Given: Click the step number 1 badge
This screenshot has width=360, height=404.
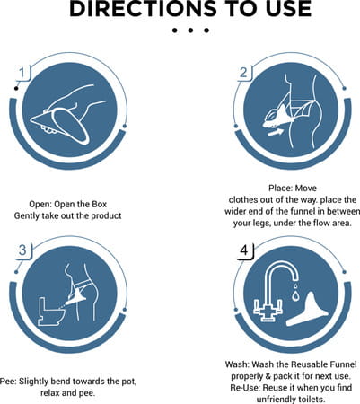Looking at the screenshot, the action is click(22, 73).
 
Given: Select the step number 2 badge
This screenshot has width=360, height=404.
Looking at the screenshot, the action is click(243, 73).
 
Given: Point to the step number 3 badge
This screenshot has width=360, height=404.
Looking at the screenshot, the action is click(22, 250).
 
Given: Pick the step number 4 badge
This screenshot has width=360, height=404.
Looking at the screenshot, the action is click(244, 250).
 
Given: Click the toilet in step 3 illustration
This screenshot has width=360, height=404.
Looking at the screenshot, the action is click(51, 312).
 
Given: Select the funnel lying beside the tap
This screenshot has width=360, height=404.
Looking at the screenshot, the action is click(307, 312).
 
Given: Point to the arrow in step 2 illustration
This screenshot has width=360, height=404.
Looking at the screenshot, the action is click(276, 132).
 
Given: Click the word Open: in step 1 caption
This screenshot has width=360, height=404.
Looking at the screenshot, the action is click(40, 205).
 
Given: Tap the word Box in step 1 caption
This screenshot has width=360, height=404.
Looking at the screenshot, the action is click(100, 204).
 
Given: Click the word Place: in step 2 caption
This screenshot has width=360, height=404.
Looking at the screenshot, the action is click(280, 189).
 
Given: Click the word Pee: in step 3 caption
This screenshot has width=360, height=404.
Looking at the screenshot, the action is click(8, 382).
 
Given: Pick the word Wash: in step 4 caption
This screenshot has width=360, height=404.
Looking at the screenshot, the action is click(237, 364).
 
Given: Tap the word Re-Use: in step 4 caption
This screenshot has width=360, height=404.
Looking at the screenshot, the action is click(245, 388).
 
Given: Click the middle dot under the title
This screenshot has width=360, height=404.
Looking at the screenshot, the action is click(190, 31).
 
